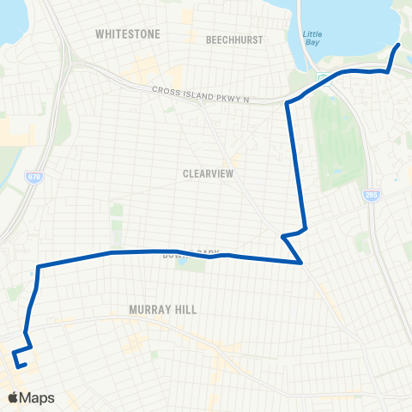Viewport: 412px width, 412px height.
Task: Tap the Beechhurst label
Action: pyautogui.click(x=233, y=39)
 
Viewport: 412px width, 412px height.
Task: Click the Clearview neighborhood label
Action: pyautogui.click(x=209, y=173)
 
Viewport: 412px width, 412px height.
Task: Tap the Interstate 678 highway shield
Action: pyautogui.click(x=33, y=177)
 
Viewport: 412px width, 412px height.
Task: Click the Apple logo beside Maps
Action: pyautogui.click(x=15, y=397)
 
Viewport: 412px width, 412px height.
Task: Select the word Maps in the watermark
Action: pyautogui.click(x=39, y=397)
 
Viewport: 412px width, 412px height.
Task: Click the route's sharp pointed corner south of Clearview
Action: pyautogui.click(x=301, y=264)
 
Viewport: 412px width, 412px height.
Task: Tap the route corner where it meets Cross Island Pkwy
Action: pyautogui.click(x=287, y=104)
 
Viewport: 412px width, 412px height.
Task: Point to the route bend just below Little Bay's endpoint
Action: pyautogui.click(x=390, y=70)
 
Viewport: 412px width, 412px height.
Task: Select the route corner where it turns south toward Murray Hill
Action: pyautogui.click(x=39, y=267)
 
